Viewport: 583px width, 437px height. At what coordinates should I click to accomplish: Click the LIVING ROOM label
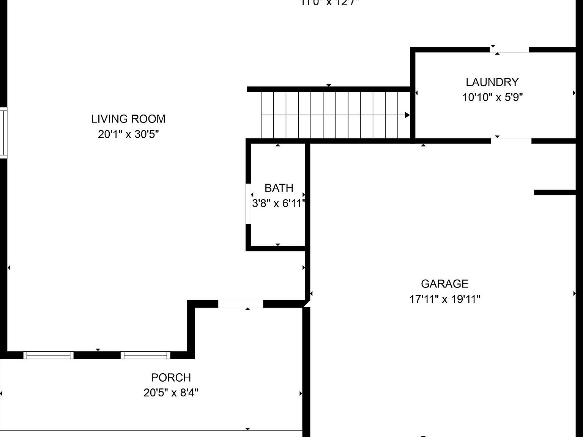coord(128,119)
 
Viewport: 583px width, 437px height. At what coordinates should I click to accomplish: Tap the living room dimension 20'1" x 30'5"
coord(128,134)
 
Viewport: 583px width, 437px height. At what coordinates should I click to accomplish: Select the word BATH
coord(279,188)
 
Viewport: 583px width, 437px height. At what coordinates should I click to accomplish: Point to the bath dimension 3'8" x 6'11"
coord(279,204)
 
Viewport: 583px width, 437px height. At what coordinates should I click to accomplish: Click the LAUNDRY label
coord(492,82)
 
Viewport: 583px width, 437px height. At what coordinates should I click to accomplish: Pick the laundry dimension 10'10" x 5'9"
coord(492,97)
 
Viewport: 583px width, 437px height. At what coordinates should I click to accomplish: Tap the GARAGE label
coord(444,284)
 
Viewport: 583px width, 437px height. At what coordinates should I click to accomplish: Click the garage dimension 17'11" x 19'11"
coord(444,299)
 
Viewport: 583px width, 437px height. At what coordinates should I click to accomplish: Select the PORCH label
coord(171,378)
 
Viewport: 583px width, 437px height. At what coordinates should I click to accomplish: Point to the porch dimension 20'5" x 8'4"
coord(171,393)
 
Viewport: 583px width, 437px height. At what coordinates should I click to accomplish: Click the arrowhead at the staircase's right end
coord(407,115)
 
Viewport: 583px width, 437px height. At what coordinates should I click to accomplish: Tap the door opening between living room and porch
coord(241,304)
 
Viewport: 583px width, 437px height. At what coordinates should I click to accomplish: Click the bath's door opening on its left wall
coord(248,204)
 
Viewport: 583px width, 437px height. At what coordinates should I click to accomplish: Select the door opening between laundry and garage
coord(511,141)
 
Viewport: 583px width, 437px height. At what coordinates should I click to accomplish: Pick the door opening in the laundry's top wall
coord(509,50)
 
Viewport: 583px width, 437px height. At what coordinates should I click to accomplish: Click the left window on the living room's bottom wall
coord(48,355)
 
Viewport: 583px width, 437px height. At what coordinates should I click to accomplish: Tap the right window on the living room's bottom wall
coord(145,355)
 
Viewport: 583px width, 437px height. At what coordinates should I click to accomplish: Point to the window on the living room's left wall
coord(3,132)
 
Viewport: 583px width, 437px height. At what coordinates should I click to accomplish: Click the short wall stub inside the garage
coord(555,192)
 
